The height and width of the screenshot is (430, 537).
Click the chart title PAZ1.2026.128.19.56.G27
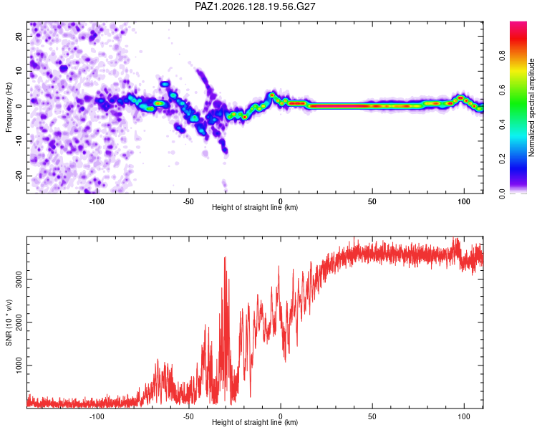pyautogui.click(x=255, y=6)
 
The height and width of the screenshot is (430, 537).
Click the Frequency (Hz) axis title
pyautogui.click(x=9, y=107)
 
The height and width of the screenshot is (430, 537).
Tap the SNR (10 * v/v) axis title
pyautogui.click(x=9, y=322)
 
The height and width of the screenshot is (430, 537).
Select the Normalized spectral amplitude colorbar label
pyautogui.click(x=531, y=107)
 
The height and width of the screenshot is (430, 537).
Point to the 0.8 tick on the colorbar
pyautogui.click(x=502, y=56)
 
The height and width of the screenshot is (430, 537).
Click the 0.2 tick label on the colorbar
pyautogui.click(x=502, y=159)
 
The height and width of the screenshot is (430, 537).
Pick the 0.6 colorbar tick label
pyautogui.click(x=502, y=90)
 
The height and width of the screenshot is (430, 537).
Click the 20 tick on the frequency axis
pyautogui.click(x=19, y=36)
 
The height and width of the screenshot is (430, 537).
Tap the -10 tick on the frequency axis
pyautogui.click(x=19, y=140)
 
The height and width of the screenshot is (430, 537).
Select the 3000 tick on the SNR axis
pyautogui.click(x=19, y=279)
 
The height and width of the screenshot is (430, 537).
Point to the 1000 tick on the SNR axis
pyautogui.click(x=19, y=365)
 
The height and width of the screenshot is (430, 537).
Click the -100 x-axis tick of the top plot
pyautogui.click(x=97, y=201)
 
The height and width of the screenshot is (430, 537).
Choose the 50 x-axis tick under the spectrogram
pyautogui.click(x=372, y=201)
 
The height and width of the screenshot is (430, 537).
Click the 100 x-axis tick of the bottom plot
pyautogui.click(x=464, y=416)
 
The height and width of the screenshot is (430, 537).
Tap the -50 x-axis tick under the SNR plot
pyautogui.click(x=188, y=416)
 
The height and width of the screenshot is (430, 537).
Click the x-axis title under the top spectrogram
pyautogui.click(x=255, y=207)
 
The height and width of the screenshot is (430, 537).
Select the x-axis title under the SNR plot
pyautogui.click(x=255, y=422)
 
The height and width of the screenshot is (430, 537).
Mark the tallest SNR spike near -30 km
pyautogui.click(x=225, y=257)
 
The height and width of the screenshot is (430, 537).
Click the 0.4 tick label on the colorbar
pyautogui.click(x=502, y=125)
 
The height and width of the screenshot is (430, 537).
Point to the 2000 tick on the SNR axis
pyautogui.click(x=19, y=322)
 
